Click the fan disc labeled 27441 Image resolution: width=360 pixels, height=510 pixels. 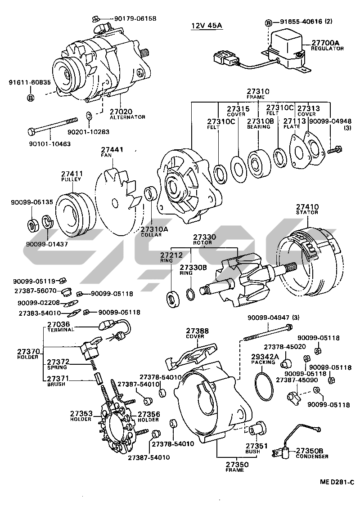click(x=118, y=202)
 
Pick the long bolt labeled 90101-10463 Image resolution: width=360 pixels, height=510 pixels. click(x=52, y=126)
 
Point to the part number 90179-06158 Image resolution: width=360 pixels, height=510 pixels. click(x=135, y=18)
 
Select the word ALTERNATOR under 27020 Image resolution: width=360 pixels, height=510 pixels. click(x=128, y=117)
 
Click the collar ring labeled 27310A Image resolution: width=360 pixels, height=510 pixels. click(x=150, y=195)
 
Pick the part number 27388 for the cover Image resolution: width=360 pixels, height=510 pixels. click(x=198, y=331)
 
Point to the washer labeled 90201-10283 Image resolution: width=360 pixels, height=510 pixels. click(x=89, y=116)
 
